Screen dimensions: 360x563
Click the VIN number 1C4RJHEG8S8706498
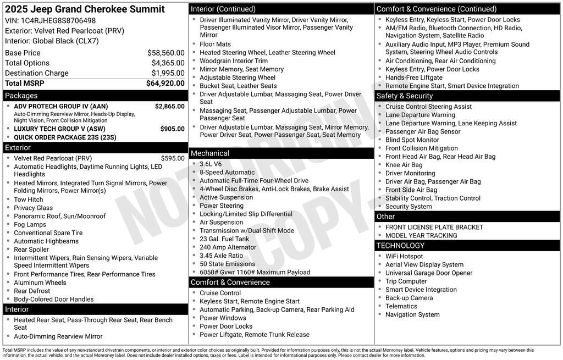pos(58,20)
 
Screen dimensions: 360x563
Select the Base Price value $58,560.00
pos(165,53)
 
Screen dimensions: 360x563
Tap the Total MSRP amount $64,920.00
pos(165,84)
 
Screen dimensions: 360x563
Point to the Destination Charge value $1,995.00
pos(168,73)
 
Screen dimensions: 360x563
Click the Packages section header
pos(21,96)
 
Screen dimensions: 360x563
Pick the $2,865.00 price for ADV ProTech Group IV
pos(169,106)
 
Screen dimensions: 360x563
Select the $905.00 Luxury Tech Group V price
pos(172,129)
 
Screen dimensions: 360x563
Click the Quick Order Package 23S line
pos(65,137)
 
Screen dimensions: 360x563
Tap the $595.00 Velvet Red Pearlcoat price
pos(173,158)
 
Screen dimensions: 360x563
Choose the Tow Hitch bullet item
pos(29,200)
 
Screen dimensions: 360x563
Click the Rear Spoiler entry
pos(31,250)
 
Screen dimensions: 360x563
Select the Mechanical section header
pos(210,153)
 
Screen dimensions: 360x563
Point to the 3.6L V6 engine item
pos(211,164)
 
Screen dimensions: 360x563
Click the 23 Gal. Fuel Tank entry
pos(224,239)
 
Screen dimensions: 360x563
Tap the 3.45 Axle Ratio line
pos(221,256)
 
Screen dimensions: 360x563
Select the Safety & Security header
pos(405,96)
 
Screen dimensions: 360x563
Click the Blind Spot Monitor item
pos(412,140)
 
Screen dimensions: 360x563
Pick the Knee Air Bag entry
pos(404,165)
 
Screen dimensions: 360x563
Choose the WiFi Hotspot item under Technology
pos(404,256)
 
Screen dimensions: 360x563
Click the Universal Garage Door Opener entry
pos(429,273)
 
